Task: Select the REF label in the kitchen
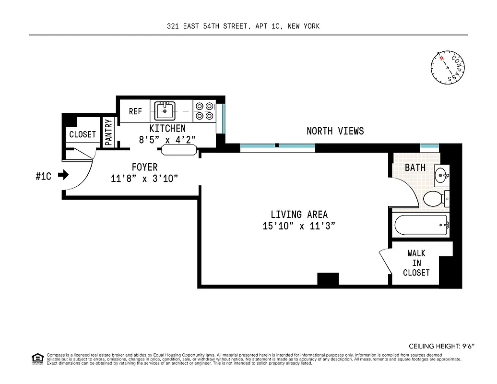[x=135, y=111]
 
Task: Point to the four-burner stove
[x=204, y=111]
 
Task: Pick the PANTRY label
[x=109, y=132]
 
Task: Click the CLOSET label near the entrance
[x=83, y=134]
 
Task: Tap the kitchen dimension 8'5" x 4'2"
[x=167, y=140]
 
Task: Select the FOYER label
[x=144, y=167]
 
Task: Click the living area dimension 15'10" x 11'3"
[x=298, y=226]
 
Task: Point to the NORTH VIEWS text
[x=335, y=131]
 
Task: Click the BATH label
[x=415, y=168]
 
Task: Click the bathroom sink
[x=442, y=176]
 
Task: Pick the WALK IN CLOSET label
[x=416, y=263]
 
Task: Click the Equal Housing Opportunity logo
[x=37, y=358]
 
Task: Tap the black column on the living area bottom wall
[x=328, y=278]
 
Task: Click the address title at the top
[x=243, y=26]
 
